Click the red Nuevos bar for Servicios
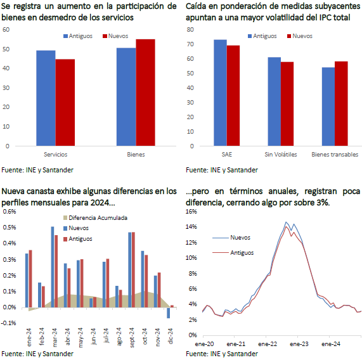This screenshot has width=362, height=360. click(x=65, y=103)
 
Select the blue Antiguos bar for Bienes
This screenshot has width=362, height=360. click(x=126, y=97)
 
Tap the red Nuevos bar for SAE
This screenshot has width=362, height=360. click(x=233, y=96)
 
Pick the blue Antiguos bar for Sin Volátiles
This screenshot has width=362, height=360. click(x=275, y=101)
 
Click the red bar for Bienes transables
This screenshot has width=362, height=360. click(x=341, y=103)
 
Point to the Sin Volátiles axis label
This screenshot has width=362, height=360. click(x=281, y=155)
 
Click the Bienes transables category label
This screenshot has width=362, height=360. click(x=335, y=155)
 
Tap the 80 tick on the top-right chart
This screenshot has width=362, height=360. click(x=190, y=30)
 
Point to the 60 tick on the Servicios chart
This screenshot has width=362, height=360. click(x=6, y=30)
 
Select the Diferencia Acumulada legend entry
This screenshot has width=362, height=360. click(x=95, y=218)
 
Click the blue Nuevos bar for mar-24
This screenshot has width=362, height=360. click(x=53, y=267)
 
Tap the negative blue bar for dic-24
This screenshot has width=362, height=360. click(x=169, y=312)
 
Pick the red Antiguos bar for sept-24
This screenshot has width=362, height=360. click(x=133, y=270)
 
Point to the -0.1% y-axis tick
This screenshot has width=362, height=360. click(x=8, y=323)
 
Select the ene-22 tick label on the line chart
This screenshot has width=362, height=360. click(x=268, y=344)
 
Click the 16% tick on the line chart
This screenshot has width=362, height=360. click(x=191, y=212)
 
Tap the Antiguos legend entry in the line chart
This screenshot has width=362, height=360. click(x=233, y=253)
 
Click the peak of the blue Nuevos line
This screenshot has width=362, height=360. click(x=286, y=222)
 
